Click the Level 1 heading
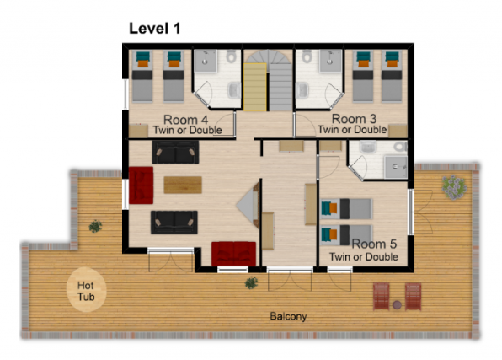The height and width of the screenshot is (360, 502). click(x=155, y=28)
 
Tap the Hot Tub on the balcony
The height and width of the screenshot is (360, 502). click(x=86, y=289)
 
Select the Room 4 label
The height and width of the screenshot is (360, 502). click(x=185, y=120)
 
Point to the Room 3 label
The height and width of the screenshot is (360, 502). click(x=354, y=119)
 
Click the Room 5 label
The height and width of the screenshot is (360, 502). click(x=374, y=244)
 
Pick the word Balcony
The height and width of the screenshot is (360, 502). click(x=288, y=316)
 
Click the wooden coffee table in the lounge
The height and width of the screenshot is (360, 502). click(x=183, y=185)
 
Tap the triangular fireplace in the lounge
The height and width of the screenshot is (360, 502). click(x=248, y=205)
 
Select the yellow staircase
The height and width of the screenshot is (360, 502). click(x=255, y=87)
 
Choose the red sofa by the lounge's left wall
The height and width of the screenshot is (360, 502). click(x=141, y=185)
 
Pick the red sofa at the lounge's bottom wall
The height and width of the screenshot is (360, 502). click(x=233, y=254)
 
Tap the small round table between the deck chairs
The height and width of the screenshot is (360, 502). click(x=397, y=304)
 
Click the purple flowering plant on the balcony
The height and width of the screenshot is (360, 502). click(x=454, y=187)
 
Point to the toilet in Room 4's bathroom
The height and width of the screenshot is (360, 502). click(x=231, y=56)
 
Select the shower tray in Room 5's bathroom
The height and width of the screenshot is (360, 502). click(x=396, y=167)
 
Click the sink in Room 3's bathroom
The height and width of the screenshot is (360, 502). click(x=302, y=90)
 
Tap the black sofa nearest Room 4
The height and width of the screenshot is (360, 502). click(x=175, y=152)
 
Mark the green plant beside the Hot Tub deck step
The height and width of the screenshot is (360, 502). click(x=95, y=226)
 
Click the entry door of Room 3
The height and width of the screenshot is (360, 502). click(x=305, y=126)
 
